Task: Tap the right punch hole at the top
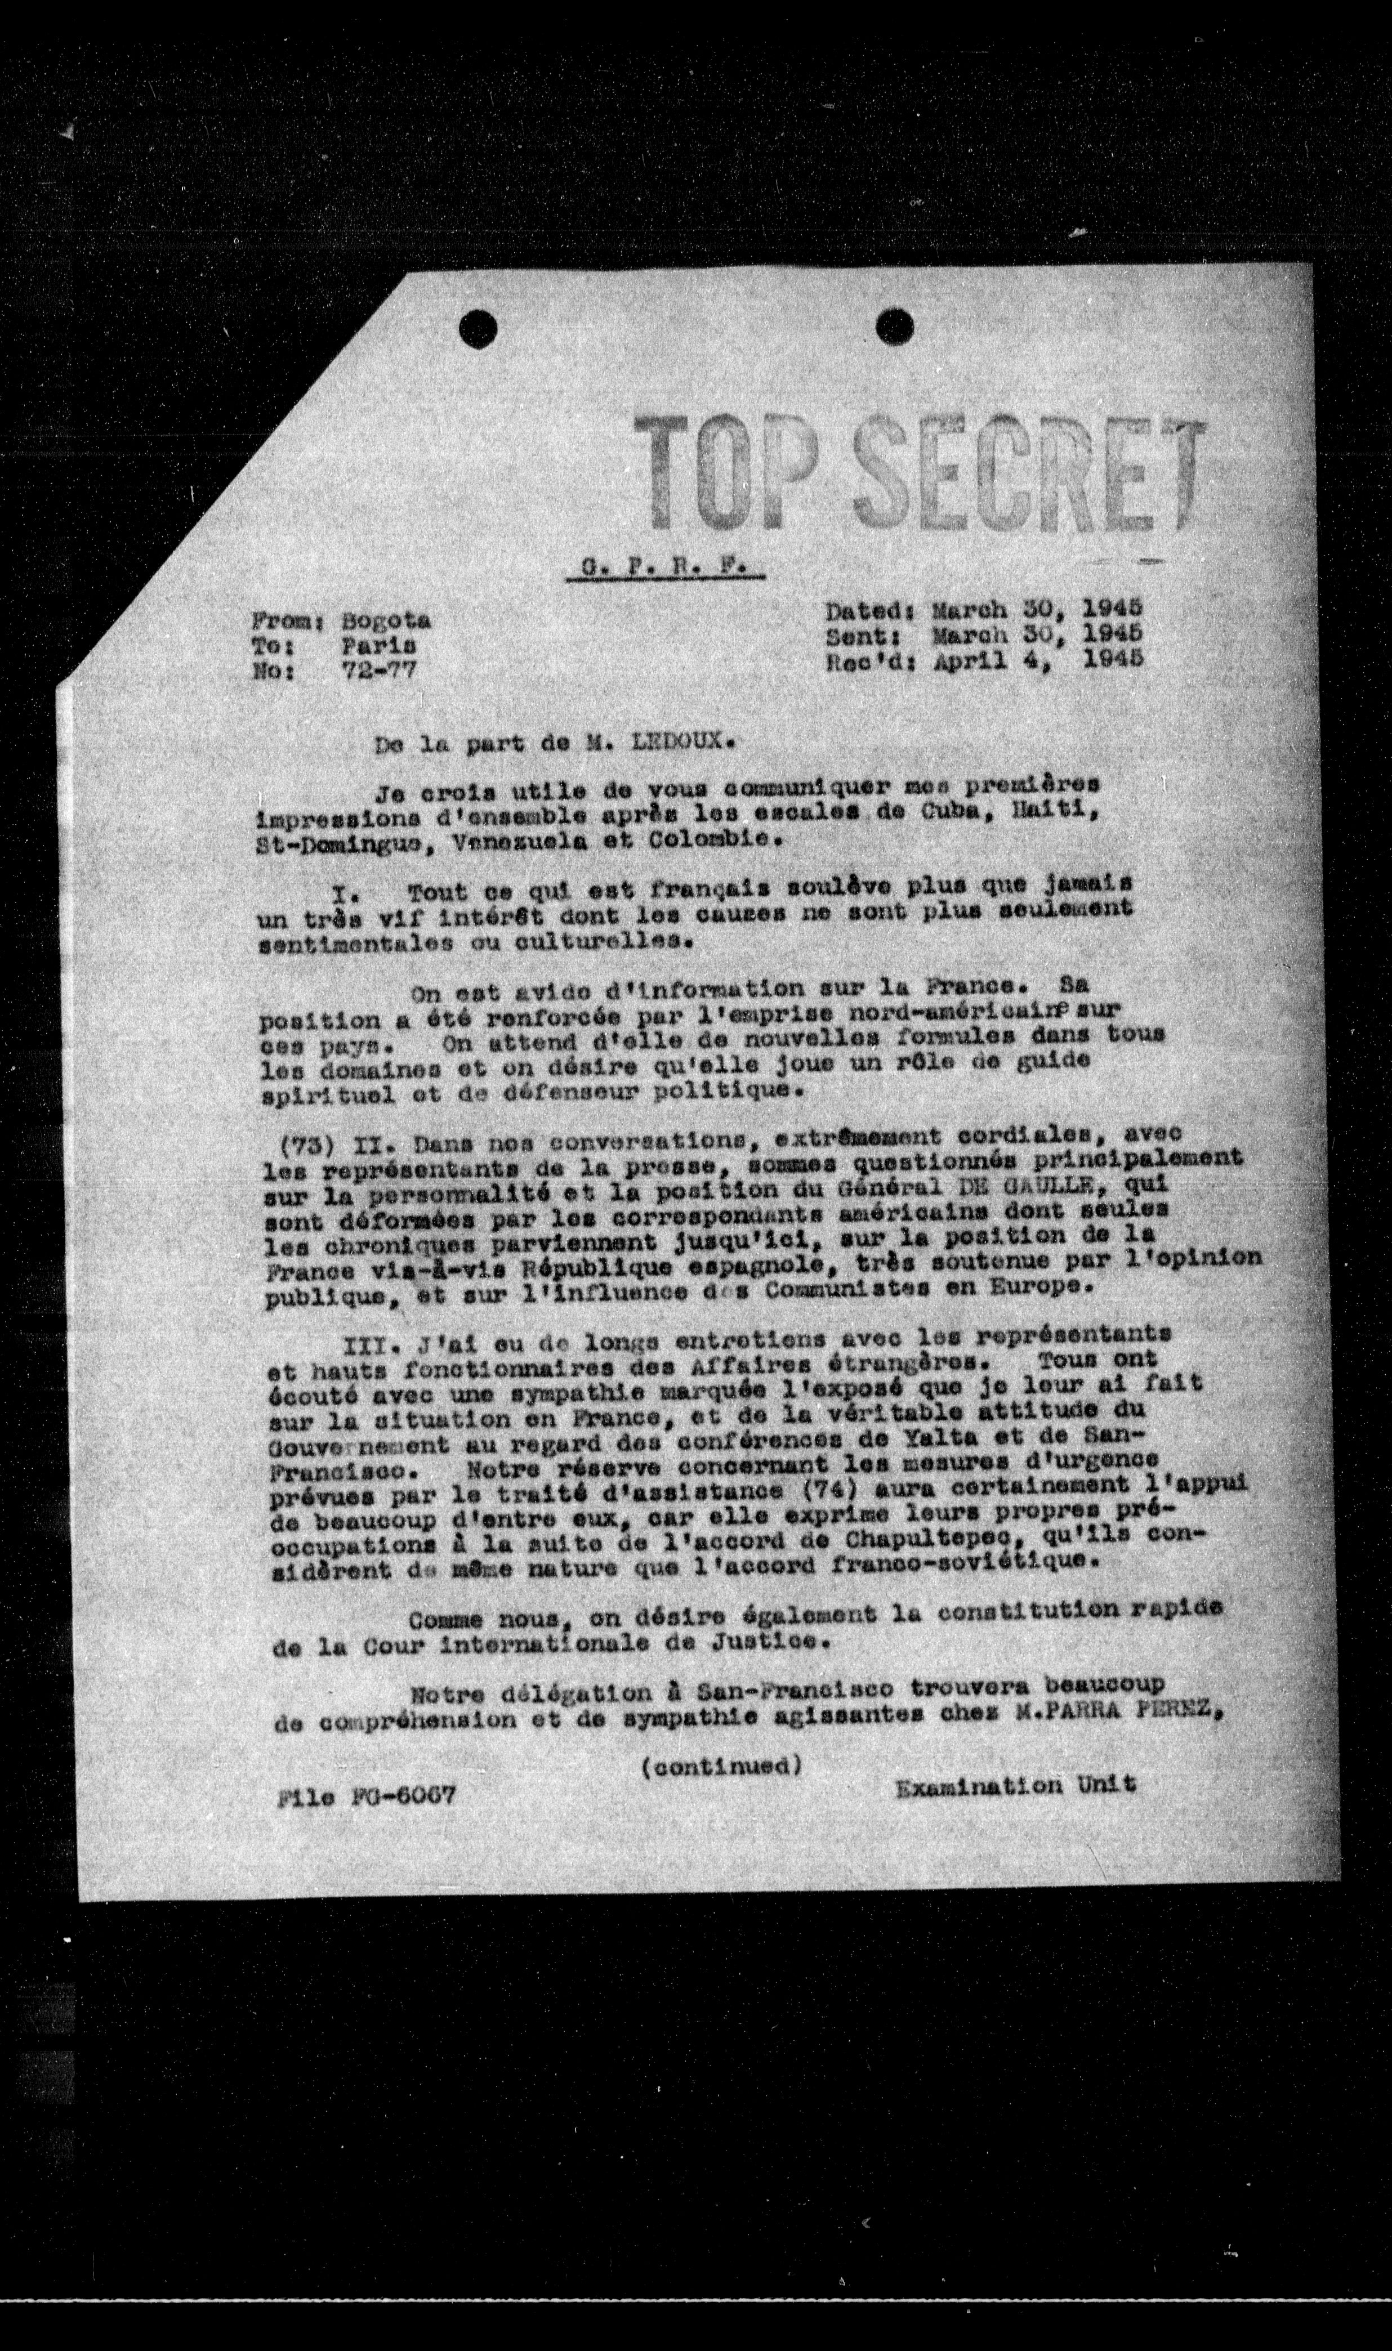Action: pos(894,327)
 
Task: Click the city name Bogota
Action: pos(386,621)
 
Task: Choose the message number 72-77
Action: pos(379,669)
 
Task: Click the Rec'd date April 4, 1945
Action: pos(1037,658)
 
